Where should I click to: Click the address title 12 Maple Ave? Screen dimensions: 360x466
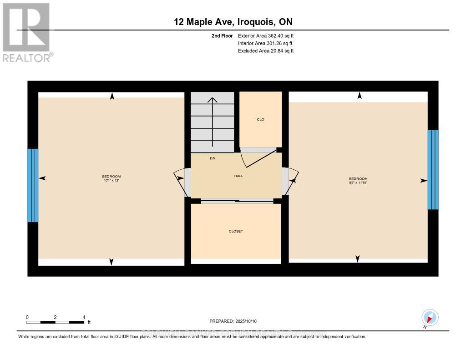[233, 21]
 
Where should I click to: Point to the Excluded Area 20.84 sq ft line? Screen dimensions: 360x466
[266, 51]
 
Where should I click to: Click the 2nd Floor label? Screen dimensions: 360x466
[223, 35]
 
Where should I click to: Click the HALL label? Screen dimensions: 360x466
[238, 176]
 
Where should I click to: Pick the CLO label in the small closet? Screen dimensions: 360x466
[261, 120]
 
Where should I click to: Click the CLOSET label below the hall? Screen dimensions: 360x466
[236, 231]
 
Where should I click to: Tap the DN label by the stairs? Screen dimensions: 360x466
[213, 158]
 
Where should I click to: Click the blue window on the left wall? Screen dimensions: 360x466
[33, 185]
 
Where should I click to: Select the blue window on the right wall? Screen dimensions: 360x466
[433, 169]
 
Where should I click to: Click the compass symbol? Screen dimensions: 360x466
[430, 317]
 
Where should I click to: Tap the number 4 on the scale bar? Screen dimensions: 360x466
[84, 317]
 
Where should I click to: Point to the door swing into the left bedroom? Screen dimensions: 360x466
[180, 182]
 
